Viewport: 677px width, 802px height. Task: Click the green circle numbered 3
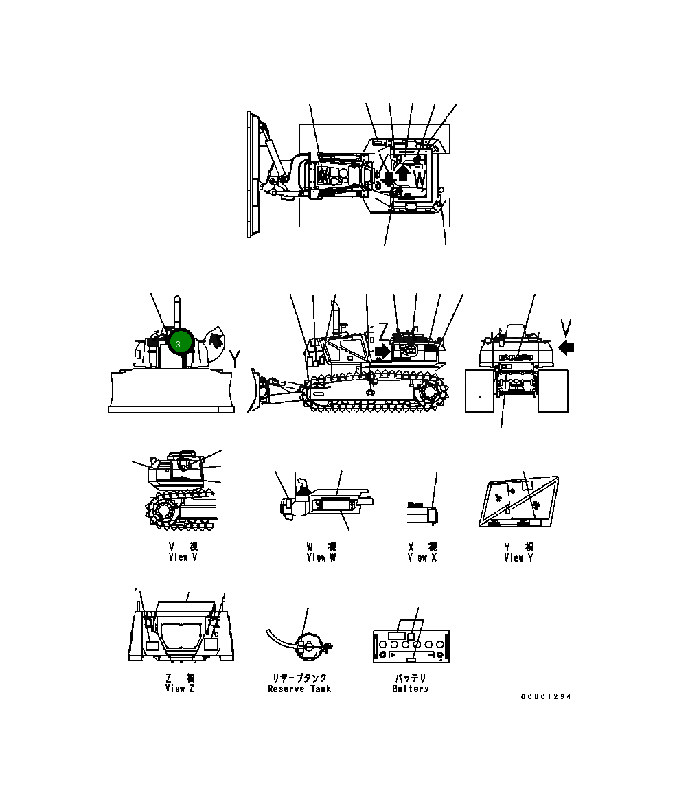point(179,341)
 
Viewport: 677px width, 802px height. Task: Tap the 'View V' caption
point(183,558)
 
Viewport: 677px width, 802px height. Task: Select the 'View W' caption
point(321,558)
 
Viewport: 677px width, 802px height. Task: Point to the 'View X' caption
point(422,558)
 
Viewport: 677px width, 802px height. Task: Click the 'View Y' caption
point(518,558)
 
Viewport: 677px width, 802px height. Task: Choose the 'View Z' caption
point(180,689)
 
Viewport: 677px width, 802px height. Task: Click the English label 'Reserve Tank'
point(299,689)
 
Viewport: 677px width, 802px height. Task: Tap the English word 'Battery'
point(411,689)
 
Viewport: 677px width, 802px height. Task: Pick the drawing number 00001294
point(545,696)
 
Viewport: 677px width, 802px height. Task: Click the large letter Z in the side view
point(383,328)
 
